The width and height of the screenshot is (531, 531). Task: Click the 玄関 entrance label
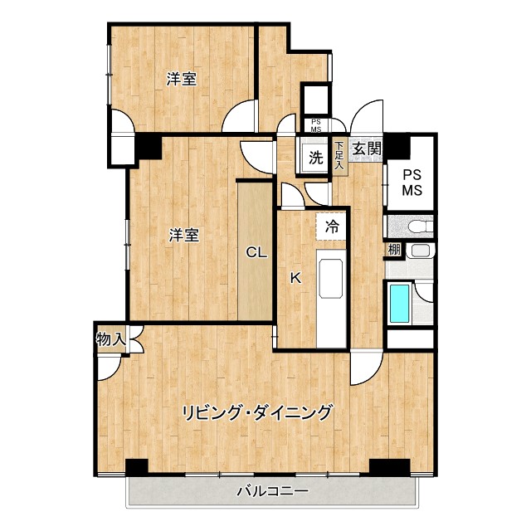coord(366,149)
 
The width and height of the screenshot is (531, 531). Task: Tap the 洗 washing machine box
coord(316,157)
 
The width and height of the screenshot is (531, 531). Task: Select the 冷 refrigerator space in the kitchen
coord(333,226)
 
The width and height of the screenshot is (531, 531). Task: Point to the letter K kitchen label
coord(294,279)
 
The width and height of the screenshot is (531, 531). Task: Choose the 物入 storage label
coord(110,339)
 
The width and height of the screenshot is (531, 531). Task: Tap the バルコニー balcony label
coord(272,491)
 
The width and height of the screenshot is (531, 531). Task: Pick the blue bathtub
coord(400,304)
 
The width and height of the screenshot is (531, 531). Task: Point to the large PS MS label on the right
coord(412,183)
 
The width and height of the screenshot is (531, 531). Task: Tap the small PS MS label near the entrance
coord(315,126)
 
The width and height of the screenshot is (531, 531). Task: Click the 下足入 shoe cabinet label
coord(339,156)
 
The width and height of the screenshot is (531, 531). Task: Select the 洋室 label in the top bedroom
coord(181,80)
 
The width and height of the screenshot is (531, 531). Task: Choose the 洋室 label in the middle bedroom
coord(184,235)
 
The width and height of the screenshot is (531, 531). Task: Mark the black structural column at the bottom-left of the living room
coord(136,467)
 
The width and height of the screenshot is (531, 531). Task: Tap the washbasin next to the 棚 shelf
coord(421,251)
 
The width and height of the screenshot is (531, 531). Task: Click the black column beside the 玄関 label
coord(397,146)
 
